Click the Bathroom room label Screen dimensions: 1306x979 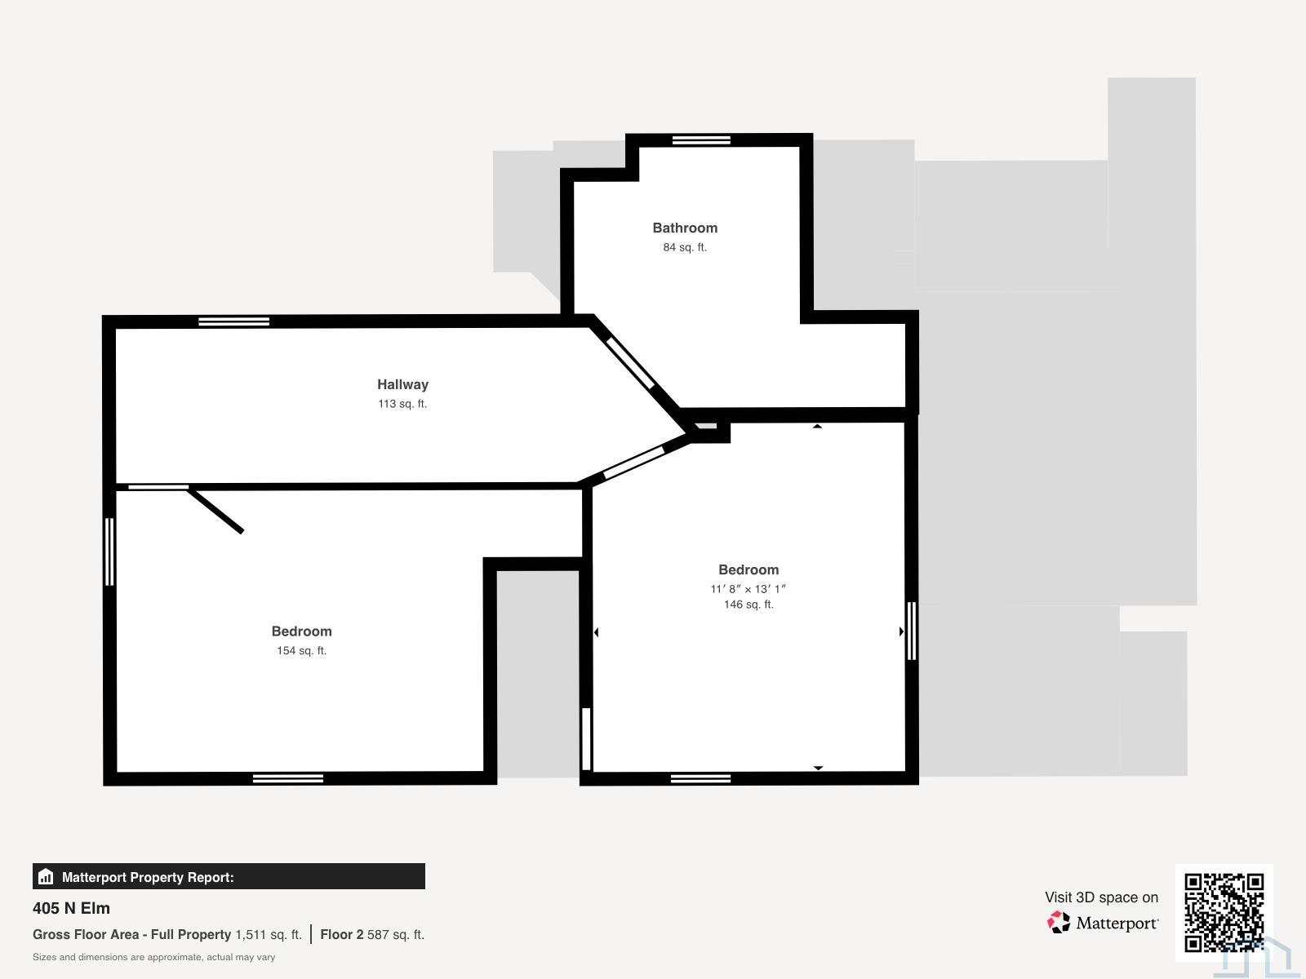point(685,228)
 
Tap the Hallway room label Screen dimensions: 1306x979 point(402,384)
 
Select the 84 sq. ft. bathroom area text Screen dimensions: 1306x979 point(685,247)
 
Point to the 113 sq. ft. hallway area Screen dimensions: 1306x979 point(402,404)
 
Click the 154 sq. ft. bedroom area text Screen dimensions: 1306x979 point(302,651)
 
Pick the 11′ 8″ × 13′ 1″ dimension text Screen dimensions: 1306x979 point(749,589)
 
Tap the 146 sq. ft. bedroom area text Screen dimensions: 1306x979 point(749,605)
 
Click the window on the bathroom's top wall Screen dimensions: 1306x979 point(701,140)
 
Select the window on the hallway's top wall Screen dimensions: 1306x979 point(233,321)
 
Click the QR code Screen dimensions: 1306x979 point(1224,912)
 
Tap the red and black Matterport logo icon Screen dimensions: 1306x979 point(1059,923)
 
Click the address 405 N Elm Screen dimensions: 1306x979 point(71,908)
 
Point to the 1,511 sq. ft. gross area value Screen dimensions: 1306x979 point(269,934)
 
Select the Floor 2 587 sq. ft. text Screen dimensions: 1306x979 point(372,934)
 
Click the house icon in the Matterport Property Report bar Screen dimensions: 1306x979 point(46,877)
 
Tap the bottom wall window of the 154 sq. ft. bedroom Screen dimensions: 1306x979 point(288,778)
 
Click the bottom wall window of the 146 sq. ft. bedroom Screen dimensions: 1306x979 point(700,778)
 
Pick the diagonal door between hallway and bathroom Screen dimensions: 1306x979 point(630,363)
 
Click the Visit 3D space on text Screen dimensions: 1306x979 point(1101,897)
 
